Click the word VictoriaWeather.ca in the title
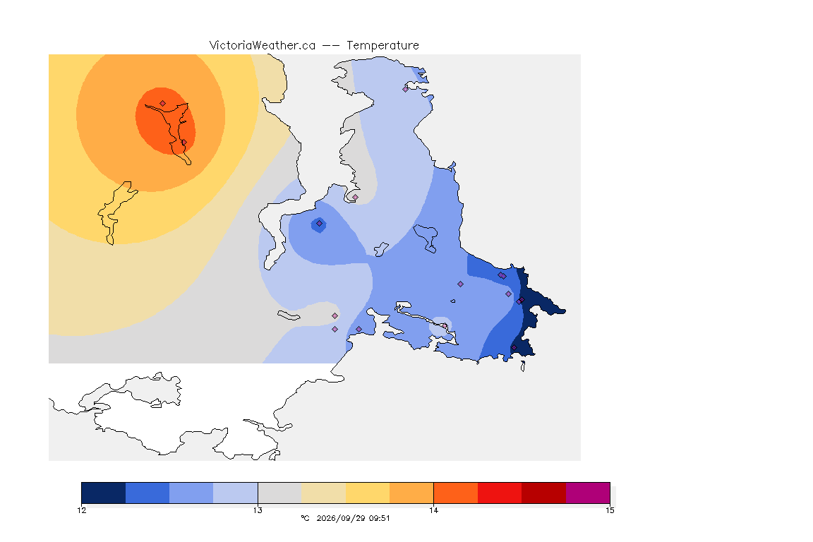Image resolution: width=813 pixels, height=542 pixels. pyautogui.click(x=263, y=46)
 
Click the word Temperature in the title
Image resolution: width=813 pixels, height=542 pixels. pyautogui.click(x=383, y=46)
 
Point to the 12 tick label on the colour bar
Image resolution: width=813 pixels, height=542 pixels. pyautogui.click(x=82, y=510)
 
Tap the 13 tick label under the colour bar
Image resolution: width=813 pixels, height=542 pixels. pyautogui.click(x=258, y=510)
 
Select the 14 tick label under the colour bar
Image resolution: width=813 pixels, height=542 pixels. pyautogui.click(x=433, y=510)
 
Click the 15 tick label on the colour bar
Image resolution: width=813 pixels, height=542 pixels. pyautogui.click(x=610, y=510)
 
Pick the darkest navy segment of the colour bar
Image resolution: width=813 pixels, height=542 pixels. pyautogui.click(x=104, y=493)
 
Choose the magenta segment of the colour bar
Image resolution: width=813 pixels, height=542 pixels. pyautogui.click(x=588, y=493)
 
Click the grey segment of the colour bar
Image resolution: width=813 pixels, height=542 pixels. pyautogui.click(x=279, y=493)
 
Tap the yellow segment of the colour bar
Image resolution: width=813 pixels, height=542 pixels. pyautogui.click(x=368, y=493)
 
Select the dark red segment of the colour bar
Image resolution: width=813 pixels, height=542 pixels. pyautogui.click(x=544, y=493)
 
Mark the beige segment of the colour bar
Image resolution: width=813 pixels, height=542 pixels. pyautogui.click(x=323, y=493)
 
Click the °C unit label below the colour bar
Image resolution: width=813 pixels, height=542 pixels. pyautogui.click(x=305, y=518)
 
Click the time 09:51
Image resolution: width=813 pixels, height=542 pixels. pyautogui.click(x=380, y=518)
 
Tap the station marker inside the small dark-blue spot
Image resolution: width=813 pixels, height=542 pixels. pyautogui.click(x=320, y=224)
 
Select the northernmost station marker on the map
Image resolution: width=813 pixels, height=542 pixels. pyautogui.click(x=406, y=89)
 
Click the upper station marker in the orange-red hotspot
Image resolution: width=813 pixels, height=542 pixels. pyautogui.click(x=163, y=104)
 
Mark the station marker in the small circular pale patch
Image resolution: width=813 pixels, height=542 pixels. pyautogui.click(x=445, y=326)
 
